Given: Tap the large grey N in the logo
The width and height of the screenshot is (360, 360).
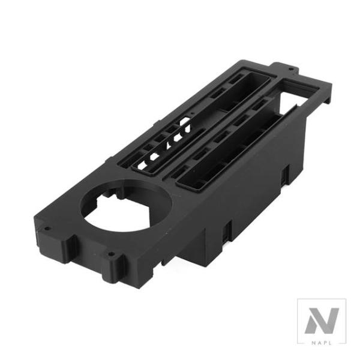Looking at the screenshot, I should point(322,320).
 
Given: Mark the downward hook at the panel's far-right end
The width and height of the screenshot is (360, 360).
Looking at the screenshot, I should point(328,96).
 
